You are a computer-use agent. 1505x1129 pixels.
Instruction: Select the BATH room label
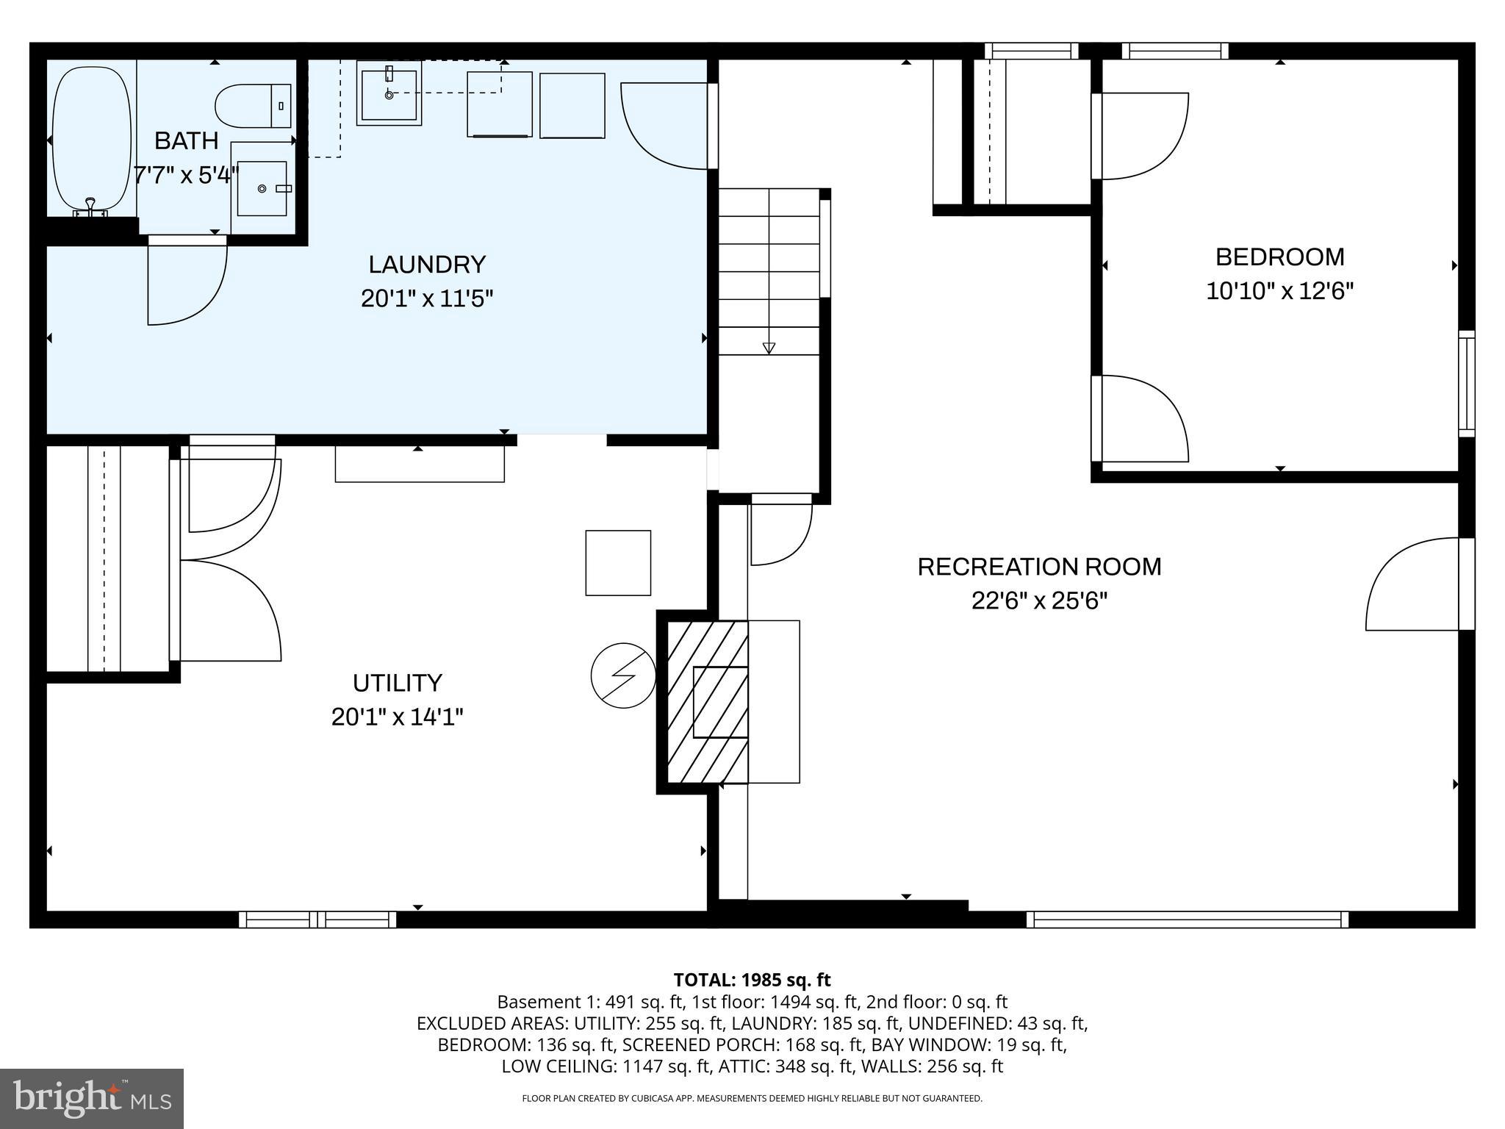pos(186,140)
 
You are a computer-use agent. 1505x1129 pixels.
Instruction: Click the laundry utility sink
pos(389,93)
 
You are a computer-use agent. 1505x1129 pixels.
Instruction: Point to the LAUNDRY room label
pos(427,264)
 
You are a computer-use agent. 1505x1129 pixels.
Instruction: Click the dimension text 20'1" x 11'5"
pos(426,298)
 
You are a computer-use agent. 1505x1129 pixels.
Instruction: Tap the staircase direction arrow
pos(769,347)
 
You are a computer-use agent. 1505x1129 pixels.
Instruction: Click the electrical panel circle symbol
pos(623,675)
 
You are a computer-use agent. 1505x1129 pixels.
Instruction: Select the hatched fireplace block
pos(707,702)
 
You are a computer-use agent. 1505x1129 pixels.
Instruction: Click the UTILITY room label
pos(397,683)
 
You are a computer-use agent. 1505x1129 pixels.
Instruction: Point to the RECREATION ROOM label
pos(1039,567)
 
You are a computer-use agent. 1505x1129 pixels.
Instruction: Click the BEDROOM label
pos(1279,257)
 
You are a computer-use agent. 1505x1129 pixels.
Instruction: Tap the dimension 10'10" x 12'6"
pos(1279,291)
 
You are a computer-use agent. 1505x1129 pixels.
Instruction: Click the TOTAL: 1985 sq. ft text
pos(752,980)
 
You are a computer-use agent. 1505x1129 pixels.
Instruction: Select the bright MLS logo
pos(92,1098)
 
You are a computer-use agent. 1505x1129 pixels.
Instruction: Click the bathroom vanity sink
pos(262,189)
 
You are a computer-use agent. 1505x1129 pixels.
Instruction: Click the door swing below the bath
pos(187,283)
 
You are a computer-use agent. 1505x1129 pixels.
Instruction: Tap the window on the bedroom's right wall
pos(1466,383)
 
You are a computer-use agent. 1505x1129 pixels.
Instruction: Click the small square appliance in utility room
pos(618,563)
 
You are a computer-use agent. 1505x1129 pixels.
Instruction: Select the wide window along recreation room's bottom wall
pos(1187,920)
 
